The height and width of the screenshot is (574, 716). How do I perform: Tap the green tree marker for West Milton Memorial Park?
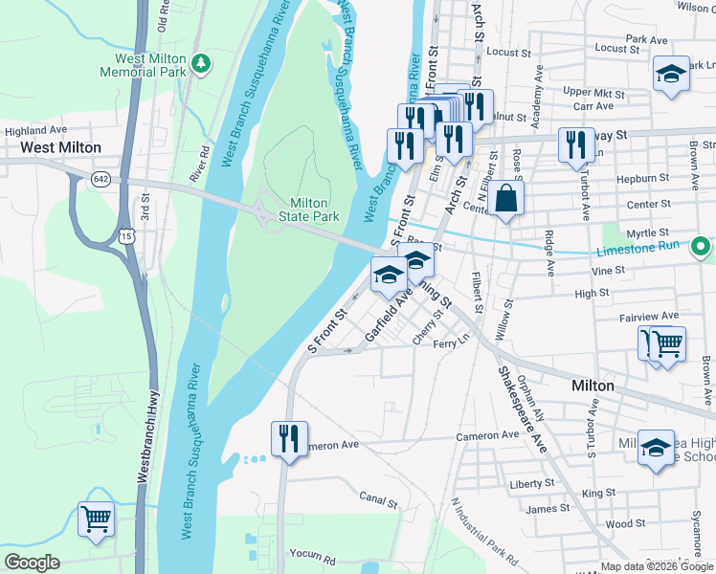[201, 63]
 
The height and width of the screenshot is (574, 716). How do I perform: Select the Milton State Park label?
[308, 210]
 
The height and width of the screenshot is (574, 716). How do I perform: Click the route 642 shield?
[101, 179]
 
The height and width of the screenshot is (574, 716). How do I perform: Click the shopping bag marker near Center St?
[509, 200]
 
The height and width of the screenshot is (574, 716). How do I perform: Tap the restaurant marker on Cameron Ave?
[289, 440]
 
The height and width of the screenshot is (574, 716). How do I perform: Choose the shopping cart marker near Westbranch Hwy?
[96, 520]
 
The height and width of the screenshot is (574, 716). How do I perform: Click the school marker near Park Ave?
[671, 74]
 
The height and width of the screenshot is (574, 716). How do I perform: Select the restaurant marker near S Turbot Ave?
[575, 145]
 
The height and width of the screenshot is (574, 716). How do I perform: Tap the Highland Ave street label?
[35, 130]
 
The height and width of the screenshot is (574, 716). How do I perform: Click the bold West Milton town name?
[61, 147]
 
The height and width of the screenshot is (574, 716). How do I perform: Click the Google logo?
[33, 563]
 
